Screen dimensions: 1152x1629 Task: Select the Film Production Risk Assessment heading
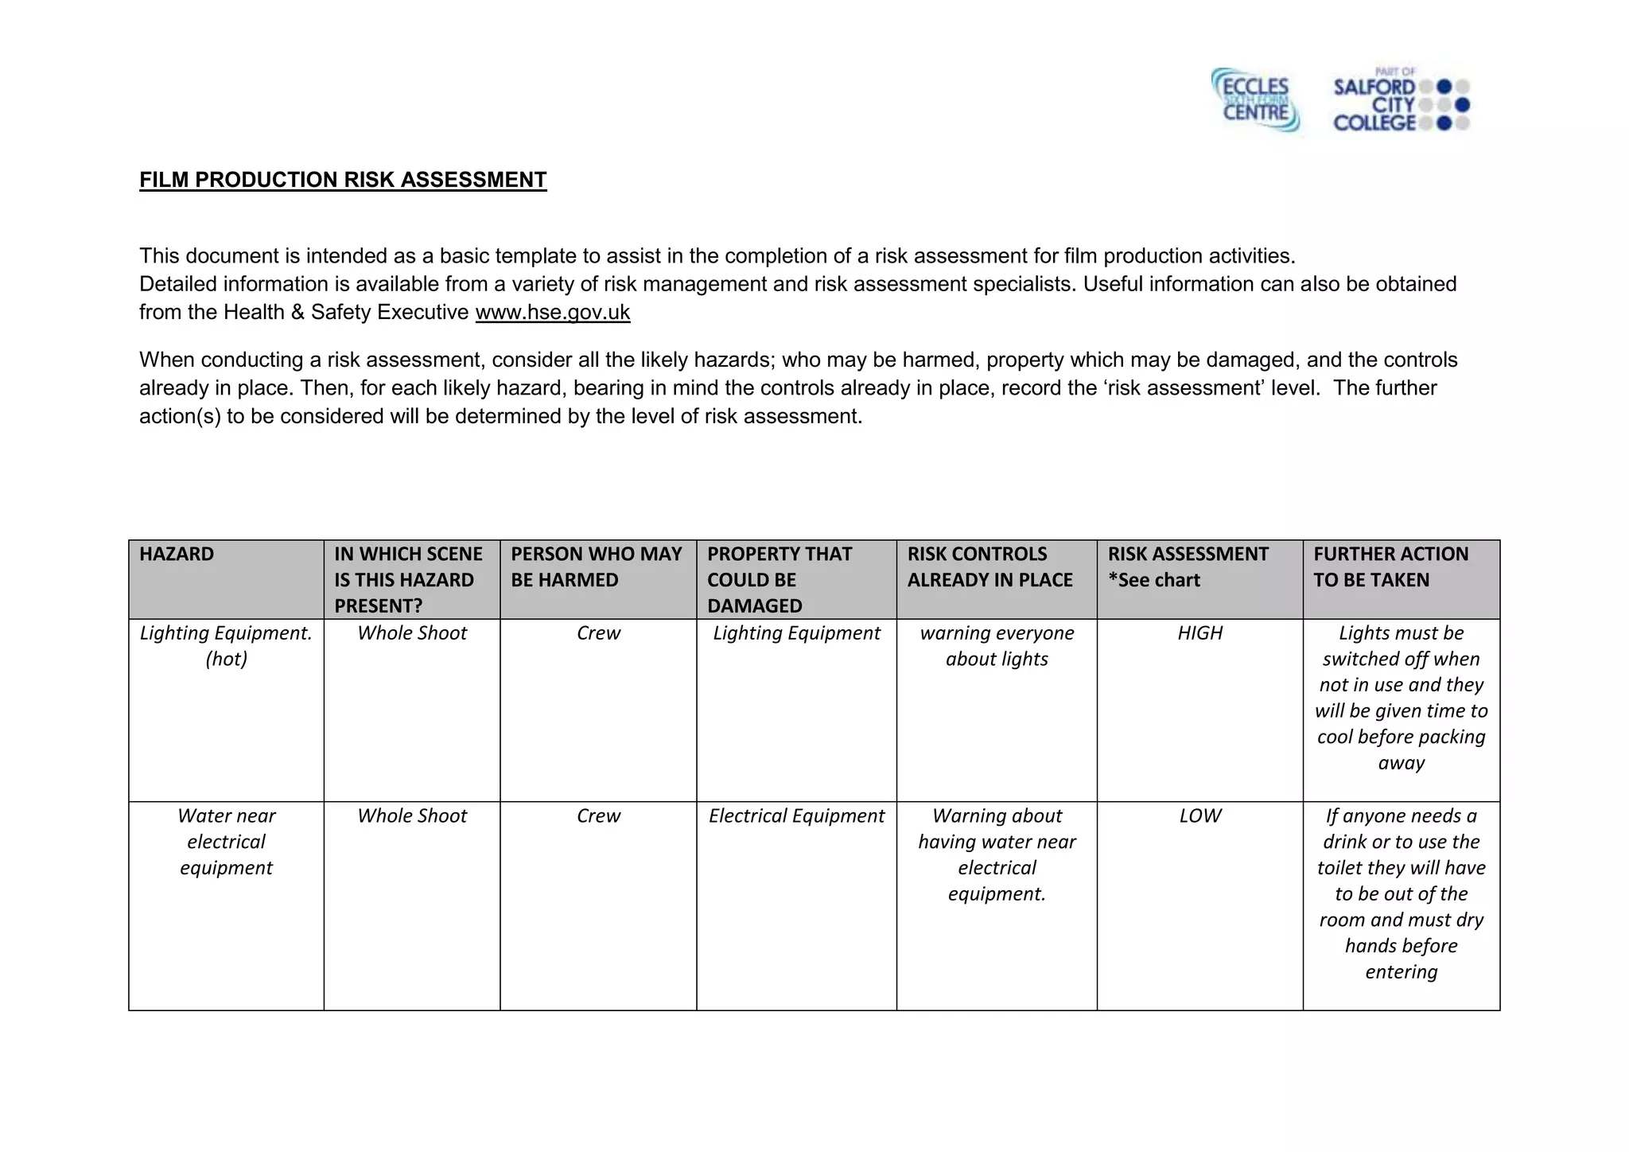pos(343,180)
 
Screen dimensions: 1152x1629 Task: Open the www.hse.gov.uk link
pos(552,312)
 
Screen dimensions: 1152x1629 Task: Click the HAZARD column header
pos(177,554)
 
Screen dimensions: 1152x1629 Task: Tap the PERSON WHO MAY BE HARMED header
pos(597,566)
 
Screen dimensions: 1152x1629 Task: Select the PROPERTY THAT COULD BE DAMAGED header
pos(780,579)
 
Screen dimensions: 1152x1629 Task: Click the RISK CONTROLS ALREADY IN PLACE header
pos(989,566)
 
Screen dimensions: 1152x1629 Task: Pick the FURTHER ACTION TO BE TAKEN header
pos(1390,566)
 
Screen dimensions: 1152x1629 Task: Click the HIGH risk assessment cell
pos(1199,633)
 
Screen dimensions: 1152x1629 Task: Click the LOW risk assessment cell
pos(1199,816)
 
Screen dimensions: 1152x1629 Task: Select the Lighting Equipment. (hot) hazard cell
pos(226,646)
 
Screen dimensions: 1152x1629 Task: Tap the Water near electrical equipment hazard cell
pos(226,842)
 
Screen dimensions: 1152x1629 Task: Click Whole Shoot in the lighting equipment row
pos(412,633)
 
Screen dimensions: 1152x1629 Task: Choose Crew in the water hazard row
pos(598,816)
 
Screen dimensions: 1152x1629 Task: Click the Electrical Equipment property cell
pos(796,816)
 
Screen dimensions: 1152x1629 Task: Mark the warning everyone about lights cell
pos(997,646)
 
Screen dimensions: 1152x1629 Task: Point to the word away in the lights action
pos(1401,763)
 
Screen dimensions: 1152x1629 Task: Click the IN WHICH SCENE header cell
pos(409,579)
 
